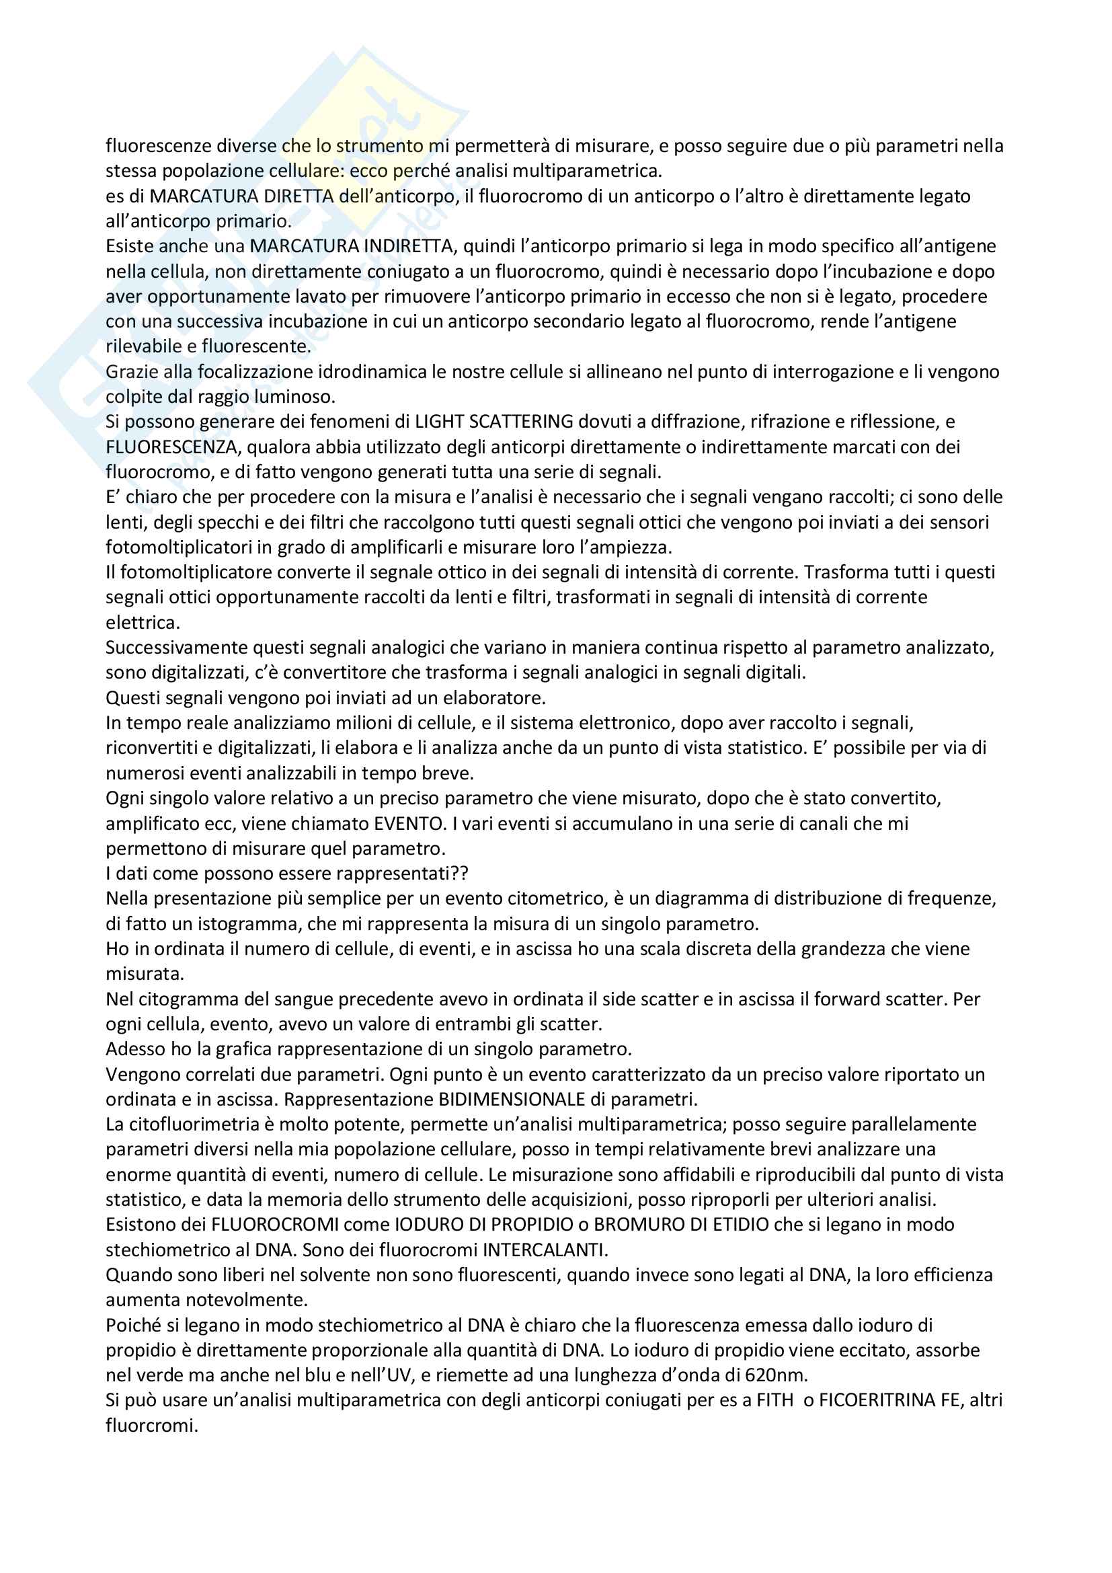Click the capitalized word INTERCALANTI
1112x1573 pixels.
click(x=545, y=1250)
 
